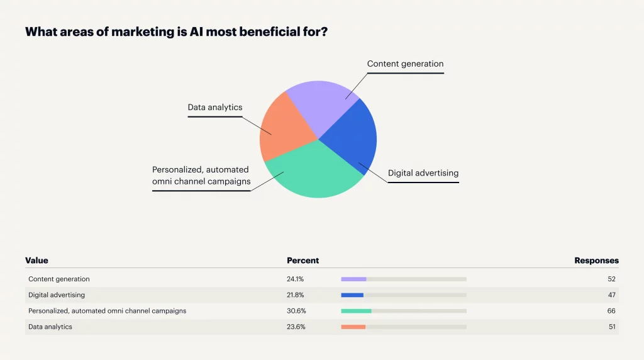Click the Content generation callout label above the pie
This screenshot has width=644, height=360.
tap(405, 64)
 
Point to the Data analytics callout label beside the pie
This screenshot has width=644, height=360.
tap(214, 107)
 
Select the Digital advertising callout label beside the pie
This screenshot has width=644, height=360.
tap(423, 173)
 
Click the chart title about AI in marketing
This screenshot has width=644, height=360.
tap(175, 31)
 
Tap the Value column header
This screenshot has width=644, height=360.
tap(36, 261)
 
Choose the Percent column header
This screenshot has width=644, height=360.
tap(303, 261)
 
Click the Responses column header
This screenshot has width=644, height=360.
tap(596, 261)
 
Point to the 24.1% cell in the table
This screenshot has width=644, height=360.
tap(296, 279)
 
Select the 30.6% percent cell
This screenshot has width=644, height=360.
tap(296, 311)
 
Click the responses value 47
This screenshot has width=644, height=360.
tap(611, 295)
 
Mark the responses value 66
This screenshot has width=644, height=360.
tap(611, 311)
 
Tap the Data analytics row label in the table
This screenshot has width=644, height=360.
tap(50, 327)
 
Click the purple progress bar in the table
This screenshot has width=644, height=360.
tap(353, 279)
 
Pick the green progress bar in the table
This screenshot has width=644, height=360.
tap(356, 311)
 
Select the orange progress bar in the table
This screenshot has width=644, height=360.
tap(353, 327)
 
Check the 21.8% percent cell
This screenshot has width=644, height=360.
tap(296, 295)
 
